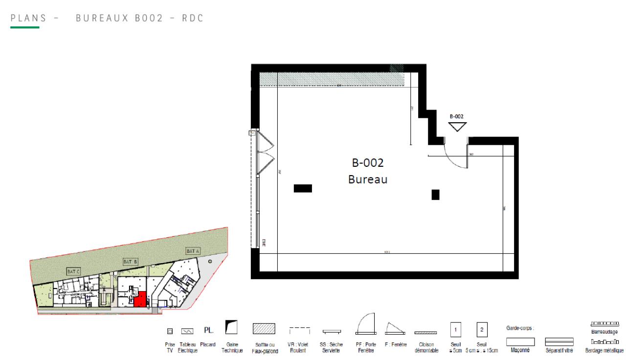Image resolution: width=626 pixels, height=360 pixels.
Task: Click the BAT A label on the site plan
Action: pos(193,251)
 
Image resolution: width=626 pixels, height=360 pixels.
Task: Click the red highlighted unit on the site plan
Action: pos(140,299)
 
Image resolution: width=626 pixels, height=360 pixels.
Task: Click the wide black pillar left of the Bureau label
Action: pos(303,188)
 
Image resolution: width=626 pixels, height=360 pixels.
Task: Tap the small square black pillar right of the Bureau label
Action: pos(435,195)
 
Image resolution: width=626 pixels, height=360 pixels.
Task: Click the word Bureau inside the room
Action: pos(368,180)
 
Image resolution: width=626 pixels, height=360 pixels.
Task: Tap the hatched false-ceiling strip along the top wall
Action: pos(333,79)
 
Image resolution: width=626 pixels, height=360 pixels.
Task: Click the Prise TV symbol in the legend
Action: pos(170,331)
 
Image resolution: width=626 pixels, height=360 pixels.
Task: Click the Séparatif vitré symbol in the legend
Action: pos(559,340)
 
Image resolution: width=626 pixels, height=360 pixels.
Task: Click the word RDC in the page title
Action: pos(194,18)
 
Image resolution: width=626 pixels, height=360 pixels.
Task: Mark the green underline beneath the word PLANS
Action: pos(25,27)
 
